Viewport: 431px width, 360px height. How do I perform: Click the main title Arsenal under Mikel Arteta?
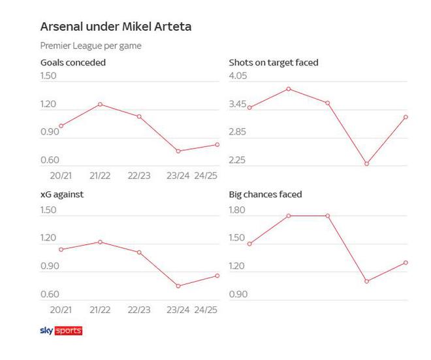[x=116, y=27]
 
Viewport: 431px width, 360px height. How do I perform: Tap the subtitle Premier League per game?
[x=91, y=46]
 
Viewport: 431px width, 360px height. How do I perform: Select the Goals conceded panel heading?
[x=73, y=63]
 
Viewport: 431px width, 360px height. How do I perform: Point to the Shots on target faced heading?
[x=274, y=63]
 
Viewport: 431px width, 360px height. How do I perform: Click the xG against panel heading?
[x=62, y=194]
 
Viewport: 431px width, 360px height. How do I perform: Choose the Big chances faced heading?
[x=265, y=194]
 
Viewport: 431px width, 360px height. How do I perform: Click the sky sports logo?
[x=61, y=331]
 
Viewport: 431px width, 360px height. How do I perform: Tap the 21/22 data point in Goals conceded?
[x=100, y=104]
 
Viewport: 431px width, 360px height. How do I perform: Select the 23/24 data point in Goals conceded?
[x=178, y=151]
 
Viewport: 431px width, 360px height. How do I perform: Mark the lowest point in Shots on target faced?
[x=366, y=163]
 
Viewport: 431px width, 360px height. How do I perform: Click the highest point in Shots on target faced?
[x=288, y=89]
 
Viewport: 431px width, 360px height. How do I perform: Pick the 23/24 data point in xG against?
[x=178, y=286]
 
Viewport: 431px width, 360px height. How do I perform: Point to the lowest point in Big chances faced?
[x=366, y=282]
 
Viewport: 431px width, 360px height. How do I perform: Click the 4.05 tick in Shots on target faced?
[x=238, y=76]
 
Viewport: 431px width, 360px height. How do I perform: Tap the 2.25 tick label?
[x=238, y=160]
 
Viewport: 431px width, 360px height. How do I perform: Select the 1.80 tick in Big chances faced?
[x=238, y=210]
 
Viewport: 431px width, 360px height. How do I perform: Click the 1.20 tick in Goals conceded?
[x=50, y=104]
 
